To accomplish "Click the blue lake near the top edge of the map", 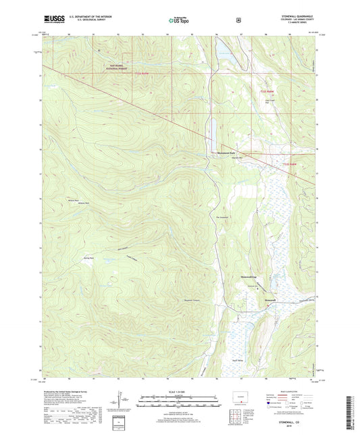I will (x=226, y=59).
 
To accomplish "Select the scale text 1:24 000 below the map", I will (x=179, y=392).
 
